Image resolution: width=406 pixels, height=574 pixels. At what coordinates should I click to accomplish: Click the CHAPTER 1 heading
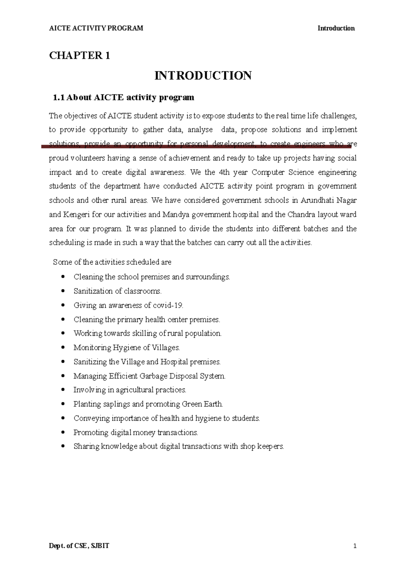pos(80,55)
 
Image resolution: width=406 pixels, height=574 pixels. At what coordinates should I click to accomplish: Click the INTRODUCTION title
pos(203,75)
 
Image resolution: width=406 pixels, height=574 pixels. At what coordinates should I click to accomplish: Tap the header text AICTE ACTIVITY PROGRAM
pos(96,28)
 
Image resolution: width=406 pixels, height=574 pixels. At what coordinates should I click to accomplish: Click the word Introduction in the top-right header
pos(336,28)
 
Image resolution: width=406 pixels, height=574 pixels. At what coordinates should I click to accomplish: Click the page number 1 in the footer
pos(355,546)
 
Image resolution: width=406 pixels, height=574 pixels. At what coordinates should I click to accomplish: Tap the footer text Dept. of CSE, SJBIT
pos(79,546)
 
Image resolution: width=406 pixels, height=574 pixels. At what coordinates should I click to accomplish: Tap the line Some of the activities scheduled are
pos(112,262)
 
